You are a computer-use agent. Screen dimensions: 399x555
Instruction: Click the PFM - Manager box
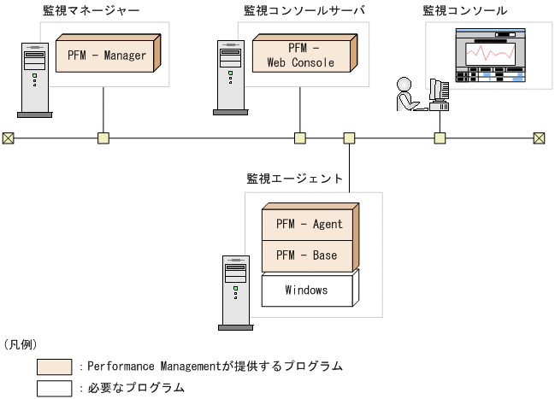point(107,56)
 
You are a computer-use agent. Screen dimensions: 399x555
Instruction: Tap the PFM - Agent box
point(309,224)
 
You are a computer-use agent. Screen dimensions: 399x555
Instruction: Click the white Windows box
point(306,290)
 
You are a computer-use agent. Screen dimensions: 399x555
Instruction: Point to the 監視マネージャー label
point(92,11)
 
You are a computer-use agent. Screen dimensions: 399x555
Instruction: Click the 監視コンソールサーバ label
point(304,11)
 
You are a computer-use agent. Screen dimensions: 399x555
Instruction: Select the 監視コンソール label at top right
point(464,11)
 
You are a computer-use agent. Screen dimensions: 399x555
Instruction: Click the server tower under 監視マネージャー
point(34,79)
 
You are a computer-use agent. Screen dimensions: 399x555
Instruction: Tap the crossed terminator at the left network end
point(8,138)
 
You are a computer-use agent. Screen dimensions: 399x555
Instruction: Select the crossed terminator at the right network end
point(539,138)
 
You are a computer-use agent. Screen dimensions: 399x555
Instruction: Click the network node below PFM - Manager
point(103,138)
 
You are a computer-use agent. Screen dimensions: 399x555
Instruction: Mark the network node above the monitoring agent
point(349,138)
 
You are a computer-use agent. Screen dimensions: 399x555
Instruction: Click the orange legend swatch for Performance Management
point(54,367)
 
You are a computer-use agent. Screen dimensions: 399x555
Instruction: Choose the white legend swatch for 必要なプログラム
point(54,388)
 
